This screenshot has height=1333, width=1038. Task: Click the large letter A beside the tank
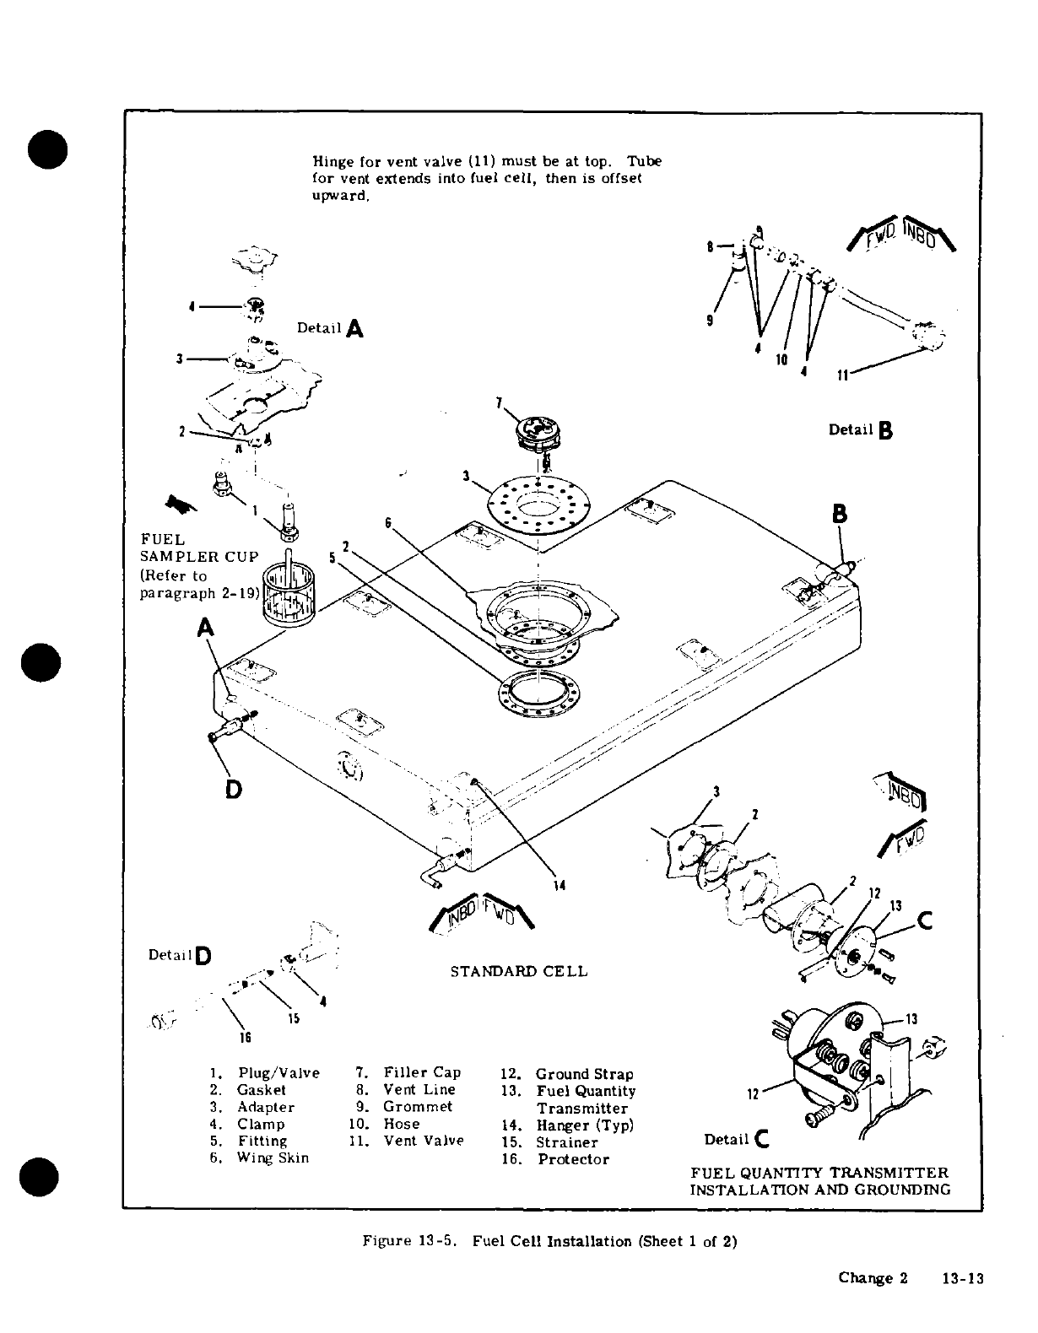(x=207, y=629)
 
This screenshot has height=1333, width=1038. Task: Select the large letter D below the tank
(x=233, y=789)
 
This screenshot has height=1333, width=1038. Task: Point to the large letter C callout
(x=924, y=923)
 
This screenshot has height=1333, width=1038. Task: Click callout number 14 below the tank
(x=559, y=885)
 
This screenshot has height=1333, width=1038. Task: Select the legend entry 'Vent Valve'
(x=423, y=1141)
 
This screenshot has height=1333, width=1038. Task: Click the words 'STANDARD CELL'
(x=518, y=971)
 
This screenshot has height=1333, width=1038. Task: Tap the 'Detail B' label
(x=860, y=430)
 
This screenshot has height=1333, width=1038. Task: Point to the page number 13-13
(x=964, y=1278)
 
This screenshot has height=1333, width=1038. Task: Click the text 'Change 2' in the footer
(x=873, y=1277)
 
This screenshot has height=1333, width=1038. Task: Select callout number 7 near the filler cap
(x=500, y=402)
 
